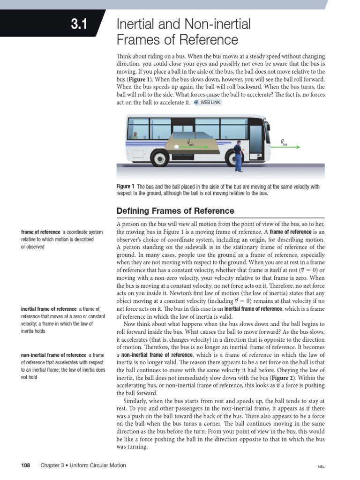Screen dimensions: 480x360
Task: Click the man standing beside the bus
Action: pos(238,155)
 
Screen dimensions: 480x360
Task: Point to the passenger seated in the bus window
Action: pos(135,135)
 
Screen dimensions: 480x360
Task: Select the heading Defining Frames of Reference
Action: pos(175,210)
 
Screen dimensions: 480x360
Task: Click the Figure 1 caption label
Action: pos(126,187)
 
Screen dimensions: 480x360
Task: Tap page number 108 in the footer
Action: pos(26,465)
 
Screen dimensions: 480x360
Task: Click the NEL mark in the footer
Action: pos(321,466)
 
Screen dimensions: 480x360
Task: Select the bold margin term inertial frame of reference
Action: pos(49,309)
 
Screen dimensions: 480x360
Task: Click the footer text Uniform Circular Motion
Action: pos(99,465)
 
